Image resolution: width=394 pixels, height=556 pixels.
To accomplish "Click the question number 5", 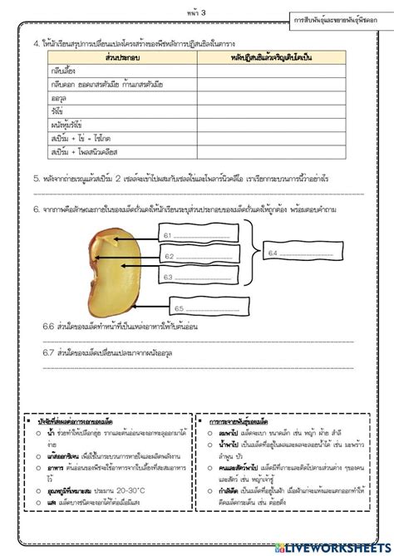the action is (37, 178).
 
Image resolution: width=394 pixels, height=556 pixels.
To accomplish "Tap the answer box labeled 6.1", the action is (201, 236).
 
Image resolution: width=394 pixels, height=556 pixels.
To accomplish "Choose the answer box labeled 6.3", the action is (201, 277).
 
